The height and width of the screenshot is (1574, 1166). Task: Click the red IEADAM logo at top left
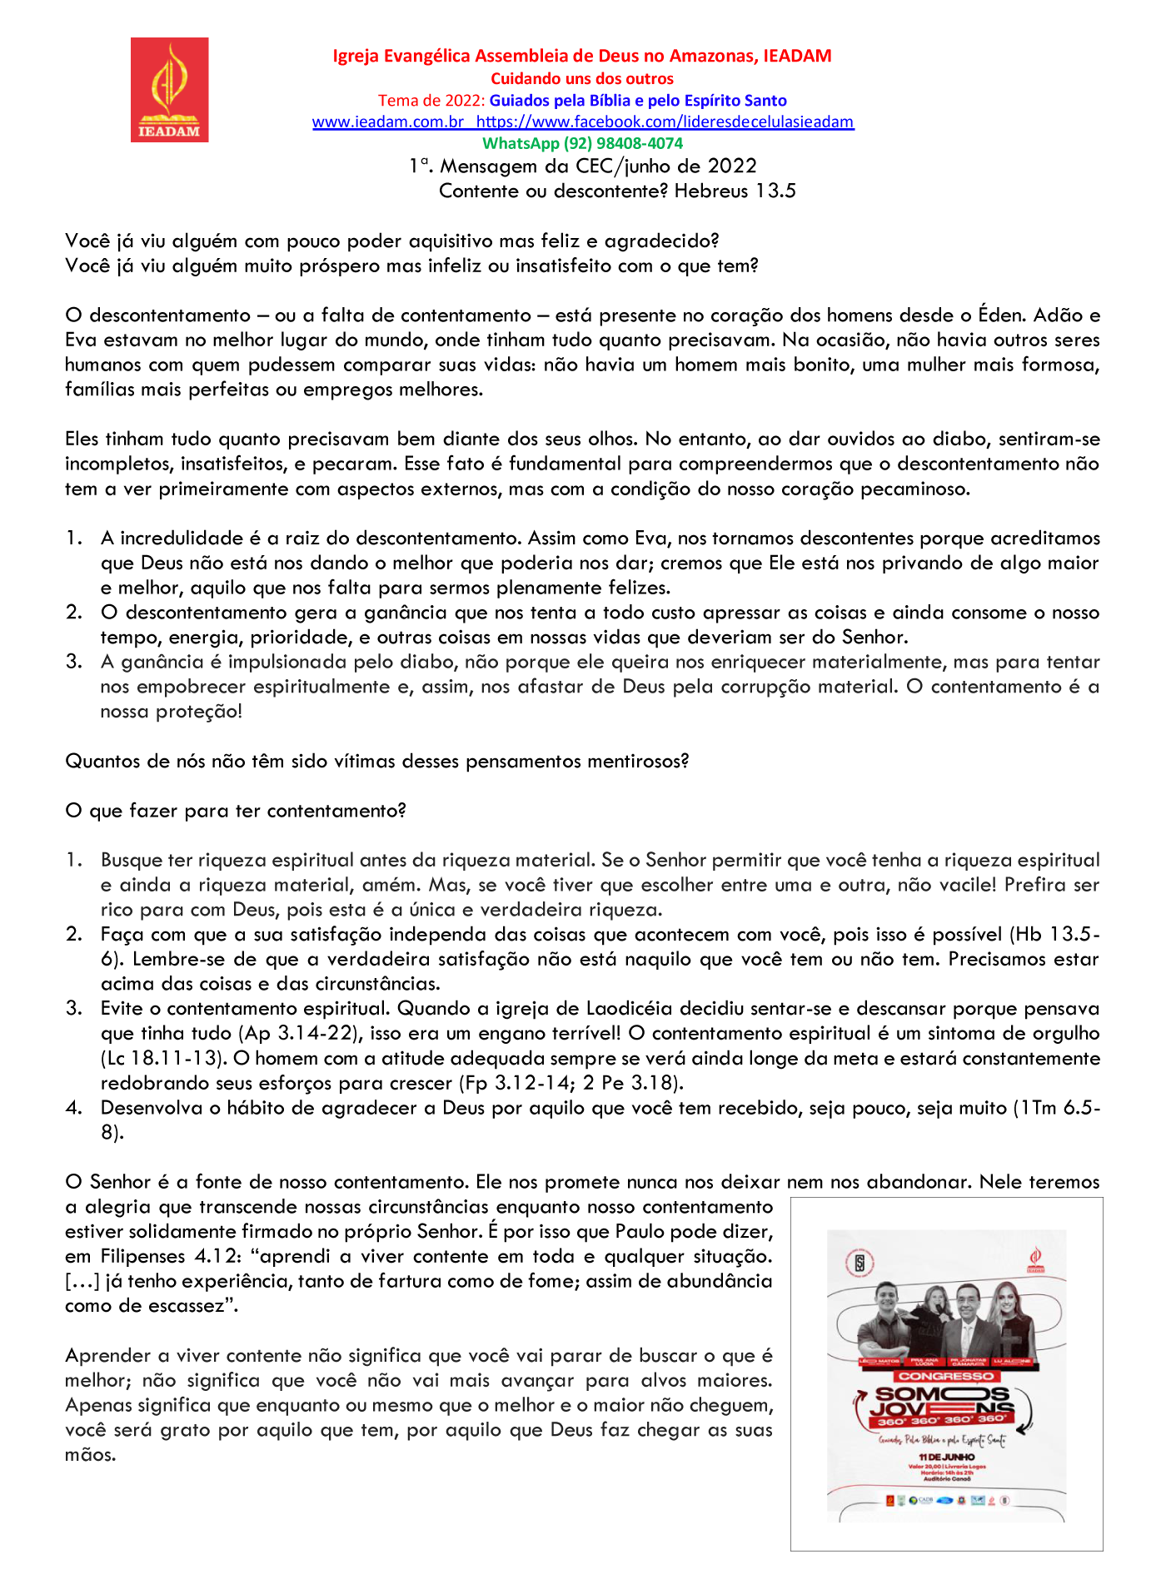(169, 89)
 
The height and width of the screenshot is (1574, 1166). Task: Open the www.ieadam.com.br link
(387, 122)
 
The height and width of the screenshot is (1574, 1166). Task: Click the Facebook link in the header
(665, 122)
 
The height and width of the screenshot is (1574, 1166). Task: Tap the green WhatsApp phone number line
(582, 143)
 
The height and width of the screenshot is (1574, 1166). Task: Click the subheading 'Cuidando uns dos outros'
(581, 79)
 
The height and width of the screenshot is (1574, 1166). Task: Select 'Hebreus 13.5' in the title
(735, 191)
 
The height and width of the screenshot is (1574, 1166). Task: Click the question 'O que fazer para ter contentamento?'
(235, 811)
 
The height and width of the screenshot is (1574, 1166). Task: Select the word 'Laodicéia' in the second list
(627, 1009)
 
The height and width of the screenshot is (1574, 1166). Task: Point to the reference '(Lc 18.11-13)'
(163, 1059)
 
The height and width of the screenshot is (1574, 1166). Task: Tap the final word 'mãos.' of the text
(90, 1455)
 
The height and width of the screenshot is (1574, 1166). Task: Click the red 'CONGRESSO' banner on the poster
(945, 1376)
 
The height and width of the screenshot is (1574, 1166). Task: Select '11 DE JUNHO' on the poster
(946, 1457)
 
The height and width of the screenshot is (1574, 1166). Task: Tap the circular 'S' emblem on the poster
(860, 1264)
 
